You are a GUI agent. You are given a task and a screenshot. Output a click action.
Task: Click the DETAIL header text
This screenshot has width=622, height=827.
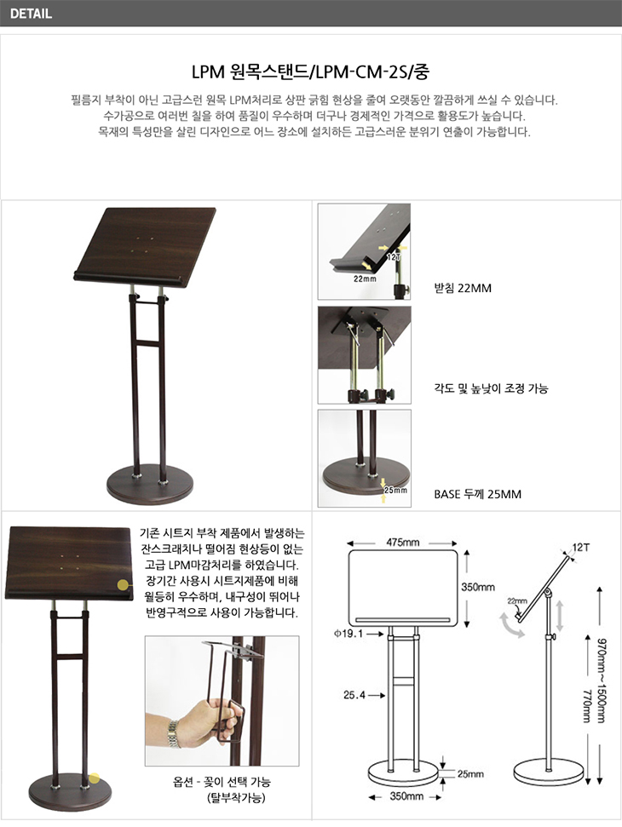(x=31, y=14)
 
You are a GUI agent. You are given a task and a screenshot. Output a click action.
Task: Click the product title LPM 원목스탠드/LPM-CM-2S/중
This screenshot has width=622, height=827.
(x=310, y=71)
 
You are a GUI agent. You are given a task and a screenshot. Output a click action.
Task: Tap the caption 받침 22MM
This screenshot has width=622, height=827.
(x=463, y=288)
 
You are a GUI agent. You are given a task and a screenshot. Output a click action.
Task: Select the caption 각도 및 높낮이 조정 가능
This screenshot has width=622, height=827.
(x=491, y=388)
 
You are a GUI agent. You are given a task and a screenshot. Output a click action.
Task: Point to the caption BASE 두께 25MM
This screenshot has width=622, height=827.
(x=477, y=494)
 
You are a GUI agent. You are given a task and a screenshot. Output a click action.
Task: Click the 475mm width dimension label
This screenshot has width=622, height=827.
(x=402, y=543)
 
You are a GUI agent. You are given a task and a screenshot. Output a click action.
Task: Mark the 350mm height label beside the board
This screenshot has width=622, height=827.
(x=478, y=587)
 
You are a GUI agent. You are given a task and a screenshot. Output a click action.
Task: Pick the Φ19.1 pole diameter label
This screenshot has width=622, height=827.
(x=348, y=634)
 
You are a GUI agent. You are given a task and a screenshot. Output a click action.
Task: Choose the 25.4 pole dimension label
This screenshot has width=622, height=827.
(x=354, y=695)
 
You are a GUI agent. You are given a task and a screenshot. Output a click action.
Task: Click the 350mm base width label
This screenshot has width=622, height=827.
(x=406, y=795)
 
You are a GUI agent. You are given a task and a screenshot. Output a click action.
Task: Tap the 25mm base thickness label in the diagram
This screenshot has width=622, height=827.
(x=470, y=773)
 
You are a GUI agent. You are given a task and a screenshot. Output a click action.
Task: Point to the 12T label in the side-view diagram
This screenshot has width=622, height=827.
(x=581, y=547)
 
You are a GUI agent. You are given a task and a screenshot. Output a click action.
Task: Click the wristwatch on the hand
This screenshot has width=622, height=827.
(x=172, y=733)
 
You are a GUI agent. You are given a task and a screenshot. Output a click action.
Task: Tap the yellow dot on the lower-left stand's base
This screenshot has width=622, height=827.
(x=95, y=778)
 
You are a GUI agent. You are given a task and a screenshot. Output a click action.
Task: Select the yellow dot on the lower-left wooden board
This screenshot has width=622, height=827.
(x=123, y=584)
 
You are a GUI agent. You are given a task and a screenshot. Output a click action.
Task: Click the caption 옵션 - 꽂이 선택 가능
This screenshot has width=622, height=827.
(x=222, y=782)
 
